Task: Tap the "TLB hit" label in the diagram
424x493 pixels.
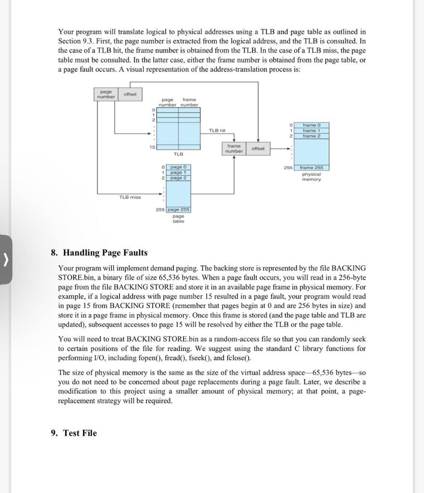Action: coord(217,130)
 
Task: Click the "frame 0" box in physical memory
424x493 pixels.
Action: coord(315,125)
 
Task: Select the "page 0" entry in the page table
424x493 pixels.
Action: coord(178,167)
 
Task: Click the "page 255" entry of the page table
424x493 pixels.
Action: coord(179,210)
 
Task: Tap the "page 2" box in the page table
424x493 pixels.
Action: coord(178,178)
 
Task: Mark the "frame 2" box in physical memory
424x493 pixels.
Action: coord(315,136)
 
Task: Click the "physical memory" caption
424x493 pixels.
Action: coord(311,177)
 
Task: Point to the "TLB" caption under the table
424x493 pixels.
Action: coord(178,154)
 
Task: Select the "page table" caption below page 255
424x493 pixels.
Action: coord(178,219)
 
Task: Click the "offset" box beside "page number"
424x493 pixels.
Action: coord(130,94)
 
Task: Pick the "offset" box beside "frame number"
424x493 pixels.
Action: coord(258,148)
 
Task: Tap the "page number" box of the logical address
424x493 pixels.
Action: coord(106,94)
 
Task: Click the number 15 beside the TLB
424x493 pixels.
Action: coord(151,146)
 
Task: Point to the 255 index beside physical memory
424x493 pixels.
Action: coord(288,168)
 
